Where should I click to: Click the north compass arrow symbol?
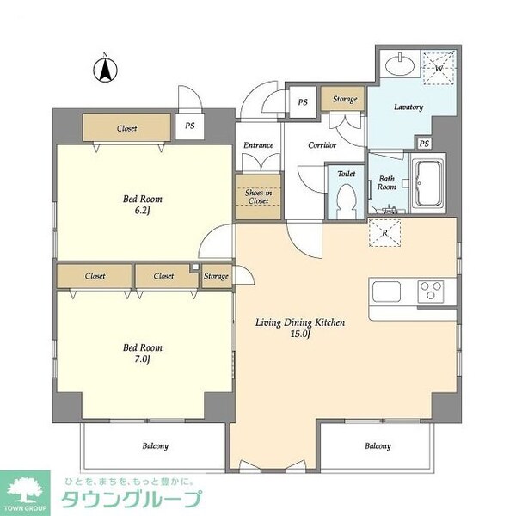(x=105, y=70)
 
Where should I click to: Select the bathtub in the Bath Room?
(x=428, y=182)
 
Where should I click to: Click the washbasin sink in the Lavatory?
(x=399, y=65)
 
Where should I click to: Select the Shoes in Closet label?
(x=259, y=195)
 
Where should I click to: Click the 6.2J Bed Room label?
(x=142, y=204)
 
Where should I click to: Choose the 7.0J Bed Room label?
(x=142, y=353)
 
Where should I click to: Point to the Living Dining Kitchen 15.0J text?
(x=300, y=329)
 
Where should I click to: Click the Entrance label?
(x=258, y=145)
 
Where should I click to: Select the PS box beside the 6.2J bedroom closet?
(x=189, y=126)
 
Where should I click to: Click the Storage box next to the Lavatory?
(x=344, y=100)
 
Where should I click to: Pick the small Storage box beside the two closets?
(x=217, y=276)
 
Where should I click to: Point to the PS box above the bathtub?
(x=423, y=143)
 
